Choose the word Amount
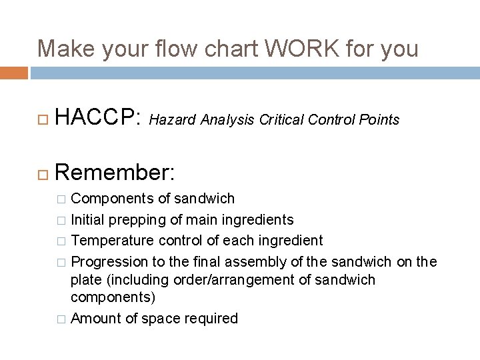point(94,318)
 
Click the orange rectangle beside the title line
point(14,73)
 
